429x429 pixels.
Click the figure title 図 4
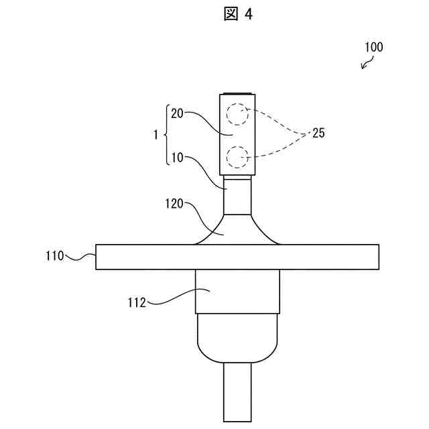pos(238,14)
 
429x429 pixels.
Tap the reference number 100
pos(373,48)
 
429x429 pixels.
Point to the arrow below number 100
pos(367,63)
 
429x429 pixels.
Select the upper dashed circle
pos(237,114)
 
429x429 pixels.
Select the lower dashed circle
pos(237,157)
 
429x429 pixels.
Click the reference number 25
pos(318,133)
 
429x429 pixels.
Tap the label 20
pos(178,113)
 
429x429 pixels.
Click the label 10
pos(178,158)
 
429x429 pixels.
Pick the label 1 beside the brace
pos(156,134)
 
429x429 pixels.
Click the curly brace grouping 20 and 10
pos(166,134)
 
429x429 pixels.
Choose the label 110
pos(55,255)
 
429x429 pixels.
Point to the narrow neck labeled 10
pos(237,195)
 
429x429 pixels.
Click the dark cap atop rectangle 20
pos(237,94)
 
